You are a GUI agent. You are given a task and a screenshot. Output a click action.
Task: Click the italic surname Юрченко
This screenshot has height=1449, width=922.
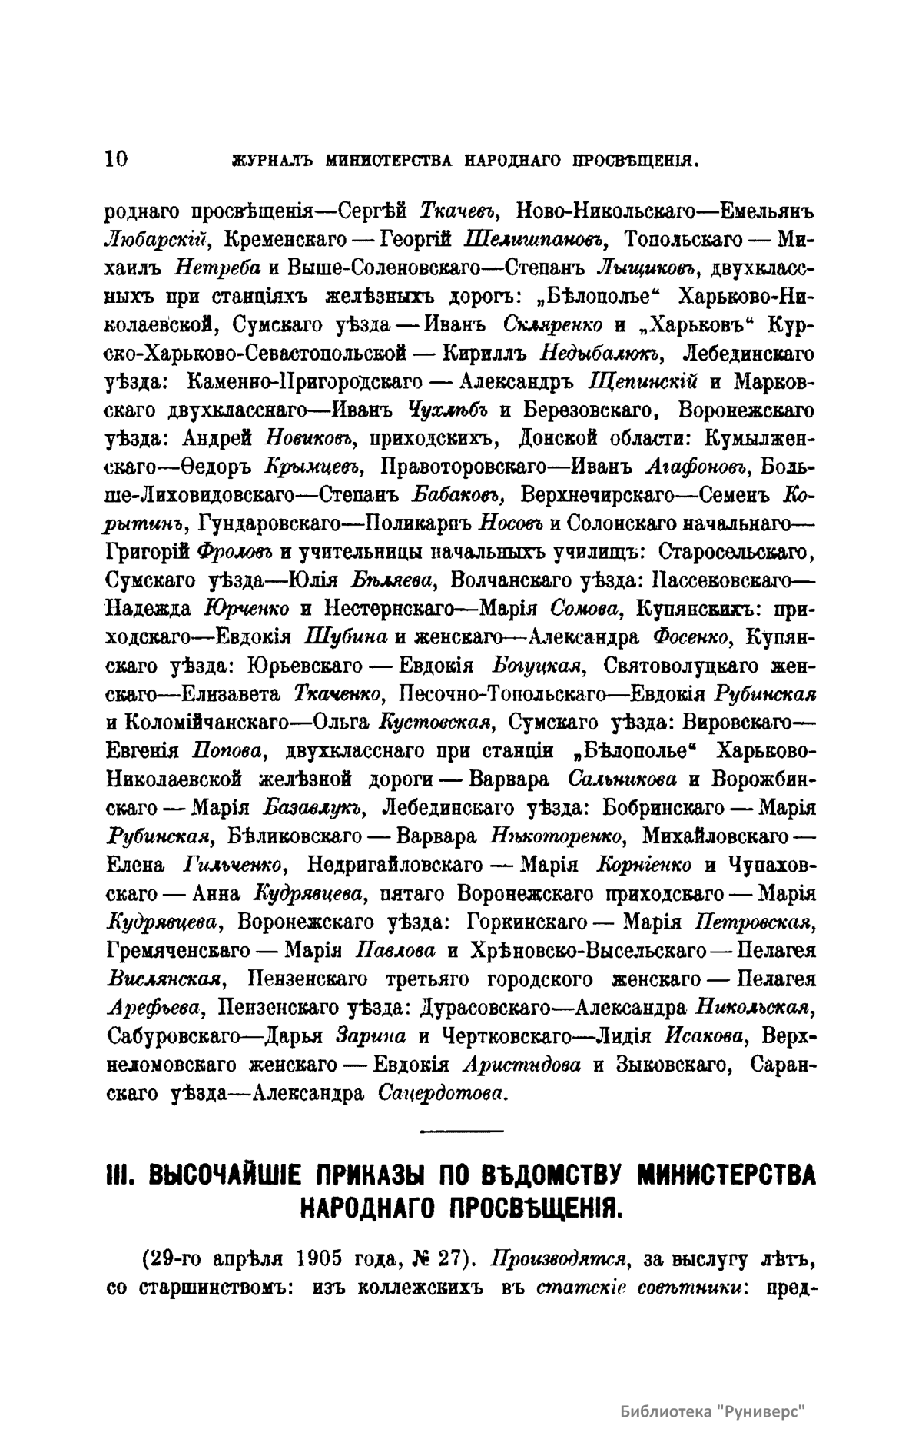pyautogui.click(x=247, y=609)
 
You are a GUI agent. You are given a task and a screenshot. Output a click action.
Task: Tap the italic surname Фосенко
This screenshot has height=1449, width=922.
pyautogui.click(x=695, y=637)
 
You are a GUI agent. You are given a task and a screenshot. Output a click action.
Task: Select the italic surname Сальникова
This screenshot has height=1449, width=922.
pyautogui.click(x=622, y=779)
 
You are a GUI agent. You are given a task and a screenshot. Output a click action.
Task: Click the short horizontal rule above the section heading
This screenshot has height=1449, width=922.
pyautogui.click(x=461, y=1130)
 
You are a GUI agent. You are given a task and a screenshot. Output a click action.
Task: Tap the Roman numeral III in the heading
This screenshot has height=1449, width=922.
pyautogui.click(x=119, y=1175)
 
